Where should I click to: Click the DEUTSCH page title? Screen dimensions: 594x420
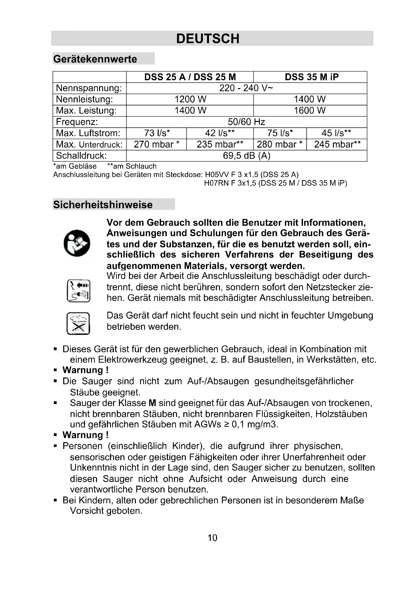click(x=208, y=39)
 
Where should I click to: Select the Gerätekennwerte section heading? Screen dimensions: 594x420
click(x=95, y=59)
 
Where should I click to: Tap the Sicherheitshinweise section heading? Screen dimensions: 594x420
click(x=103, y=205)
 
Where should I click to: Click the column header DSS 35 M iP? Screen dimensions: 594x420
click(x=311, y=77)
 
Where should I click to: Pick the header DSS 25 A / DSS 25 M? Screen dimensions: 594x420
click(x=190, y=77)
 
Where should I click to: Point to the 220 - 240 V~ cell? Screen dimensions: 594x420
click(x=246, y=88)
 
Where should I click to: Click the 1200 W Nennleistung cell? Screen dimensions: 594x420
click(x=190, y=99)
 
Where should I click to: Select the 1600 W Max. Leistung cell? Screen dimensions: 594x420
click(x=310, y=110)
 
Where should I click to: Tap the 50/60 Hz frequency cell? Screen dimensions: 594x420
click(x=246, y=122)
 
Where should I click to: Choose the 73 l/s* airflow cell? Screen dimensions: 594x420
click(x=157, y=133)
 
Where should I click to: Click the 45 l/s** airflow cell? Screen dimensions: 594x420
click(x=336, y=133)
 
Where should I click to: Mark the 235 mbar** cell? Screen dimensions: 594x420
click(x=220, y=144)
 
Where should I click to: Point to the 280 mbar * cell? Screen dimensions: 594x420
click(x=280, y=144)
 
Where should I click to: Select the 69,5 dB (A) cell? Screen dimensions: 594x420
click(x=246, y=155)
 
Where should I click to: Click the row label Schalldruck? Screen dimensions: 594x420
click(x=81, y=155)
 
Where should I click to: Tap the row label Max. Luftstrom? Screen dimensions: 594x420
click(x=88, y=133)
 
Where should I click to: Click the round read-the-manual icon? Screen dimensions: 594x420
click(x=77, y=243)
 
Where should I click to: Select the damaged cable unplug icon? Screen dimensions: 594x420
click(x=78, y=291)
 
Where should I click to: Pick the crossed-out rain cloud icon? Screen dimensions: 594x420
click(x=78, y=323)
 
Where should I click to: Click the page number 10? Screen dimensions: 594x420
click(x=212, y=538)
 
